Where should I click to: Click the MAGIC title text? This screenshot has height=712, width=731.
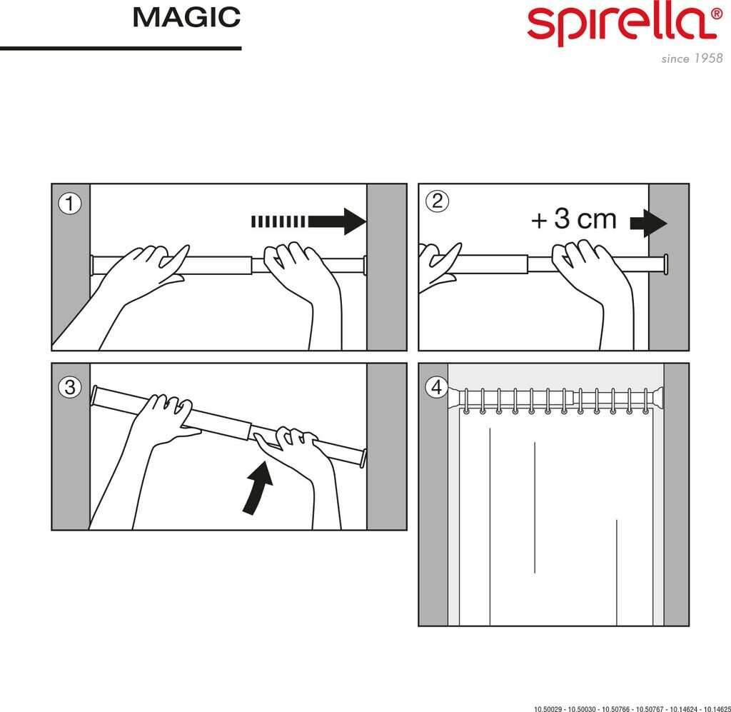pos(186,18)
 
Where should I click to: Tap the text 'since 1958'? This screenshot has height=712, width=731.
pos(691,59)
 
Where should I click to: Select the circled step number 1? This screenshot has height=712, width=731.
pos(69,204)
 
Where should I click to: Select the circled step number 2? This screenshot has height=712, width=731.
pos(436,201)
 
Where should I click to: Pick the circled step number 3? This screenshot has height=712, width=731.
pos(69,387)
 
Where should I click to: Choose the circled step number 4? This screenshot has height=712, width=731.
pos(436,388)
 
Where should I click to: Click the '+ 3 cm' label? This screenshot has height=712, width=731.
pos(574,220)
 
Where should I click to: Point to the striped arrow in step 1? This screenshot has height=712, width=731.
pos(308,221)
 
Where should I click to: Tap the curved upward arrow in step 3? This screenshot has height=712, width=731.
pos(258,487)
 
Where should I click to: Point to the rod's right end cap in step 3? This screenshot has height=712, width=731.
pos(363,458)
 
